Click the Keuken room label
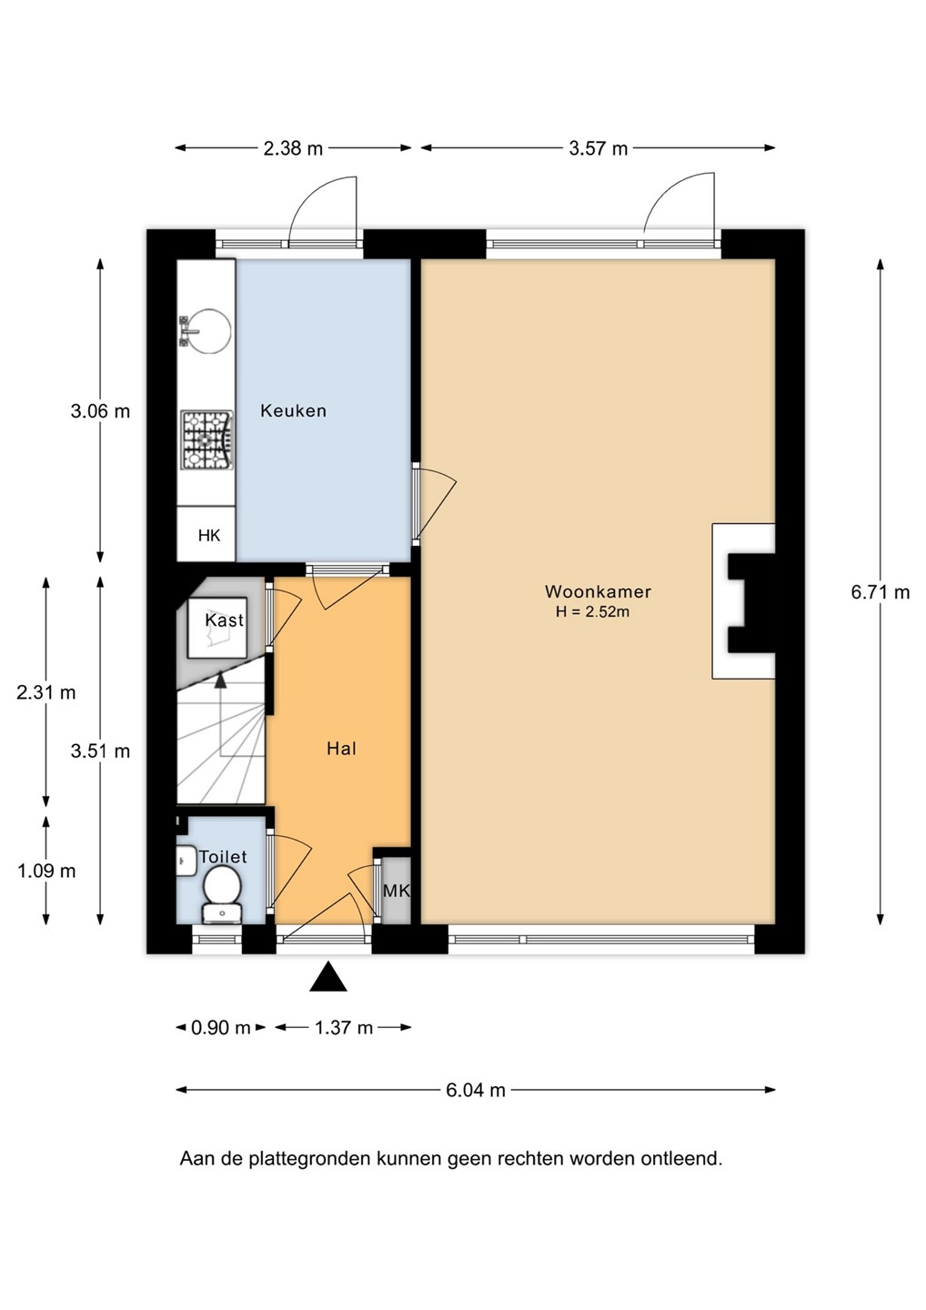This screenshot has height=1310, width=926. tap(293, 410)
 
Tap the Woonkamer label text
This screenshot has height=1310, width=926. tap(598, 591)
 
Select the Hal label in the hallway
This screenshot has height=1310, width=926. tap(341, 749)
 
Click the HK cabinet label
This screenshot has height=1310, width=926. tap(209, 535)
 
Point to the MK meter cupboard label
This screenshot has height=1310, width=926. tap(397, 891)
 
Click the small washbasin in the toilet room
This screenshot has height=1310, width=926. tap(186, 861)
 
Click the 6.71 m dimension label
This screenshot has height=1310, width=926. tap(881, 592)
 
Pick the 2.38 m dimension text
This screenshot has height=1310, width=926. tap(293, 148)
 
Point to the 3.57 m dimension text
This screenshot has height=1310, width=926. tap(598, 148)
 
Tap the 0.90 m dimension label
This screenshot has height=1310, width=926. tap(220, 1028)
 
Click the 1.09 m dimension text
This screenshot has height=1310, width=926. tap(46, 871)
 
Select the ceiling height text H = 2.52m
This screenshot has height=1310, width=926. tap(593, 612)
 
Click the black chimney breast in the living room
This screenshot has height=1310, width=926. tap(752, 602)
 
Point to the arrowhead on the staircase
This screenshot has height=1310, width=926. tap(220, 680)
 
